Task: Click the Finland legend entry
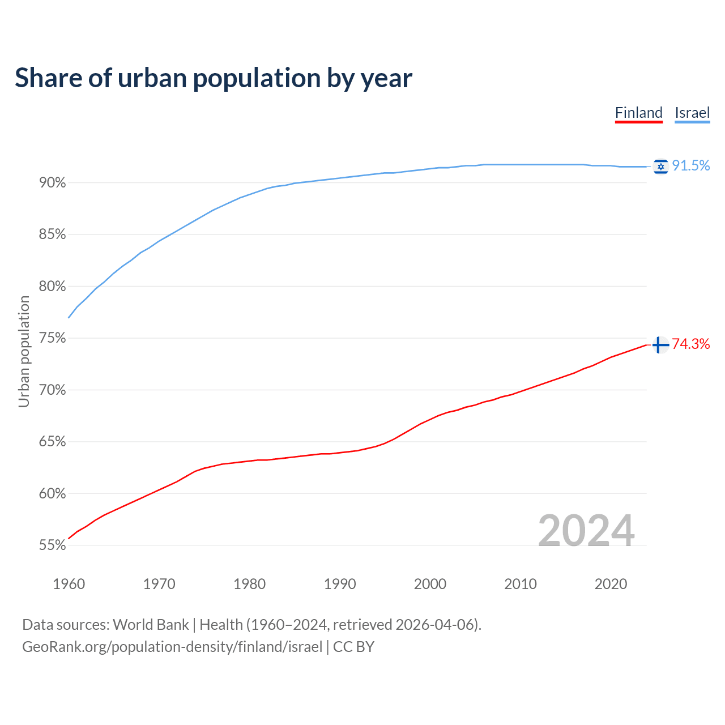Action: pos(638,113)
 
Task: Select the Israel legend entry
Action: pos(692,113)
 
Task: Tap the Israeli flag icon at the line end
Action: pos(660,167)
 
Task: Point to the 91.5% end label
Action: pos(691,166)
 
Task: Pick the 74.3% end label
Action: pos(691,344)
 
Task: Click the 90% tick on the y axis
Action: pos(53,183)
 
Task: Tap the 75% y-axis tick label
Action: pos(53,339)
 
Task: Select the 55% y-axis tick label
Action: pos(53,545)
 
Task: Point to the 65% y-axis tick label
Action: pos(53,442)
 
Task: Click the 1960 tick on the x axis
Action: pos(69,584)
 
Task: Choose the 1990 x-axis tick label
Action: pos(340,584)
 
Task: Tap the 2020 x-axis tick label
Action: pos(611,584)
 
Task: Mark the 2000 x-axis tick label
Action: pos(430,584)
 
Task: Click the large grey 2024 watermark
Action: pos(586,531)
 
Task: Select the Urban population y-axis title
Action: pos(24,352)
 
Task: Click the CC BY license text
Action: pos(353,647)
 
